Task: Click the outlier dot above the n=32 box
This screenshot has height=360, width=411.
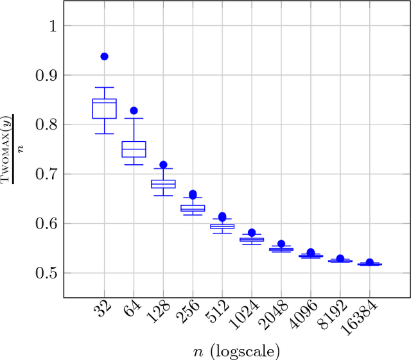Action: pos(104,56)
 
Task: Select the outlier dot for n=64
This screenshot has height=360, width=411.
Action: pos(134,111)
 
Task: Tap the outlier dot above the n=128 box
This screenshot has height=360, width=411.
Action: pos(163,165)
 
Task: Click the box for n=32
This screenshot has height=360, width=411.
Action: pos(104,108)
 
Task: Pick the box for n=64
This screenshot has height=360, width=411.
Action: pos(134,149)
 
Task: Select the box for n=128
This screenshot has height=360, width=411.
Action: pos(163,184)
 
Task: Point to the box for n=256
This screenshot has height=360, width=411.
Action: pos(193,208)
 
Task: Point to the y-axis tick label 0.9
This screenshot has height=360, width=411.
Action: pos(44,75)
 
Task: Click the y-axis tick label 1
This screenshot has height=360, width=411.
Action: pos(51,26)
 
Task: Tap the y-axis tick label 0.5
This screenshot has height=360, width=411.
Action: pos(44,273)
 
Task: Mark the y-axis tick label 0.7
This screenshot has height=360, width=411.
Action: pos(44,174)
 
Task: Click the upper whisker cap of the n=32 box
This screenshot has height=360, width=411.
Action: pos(104,87)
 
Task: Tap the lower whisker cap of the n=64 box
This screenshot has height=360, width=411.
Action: pos(134,165)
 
